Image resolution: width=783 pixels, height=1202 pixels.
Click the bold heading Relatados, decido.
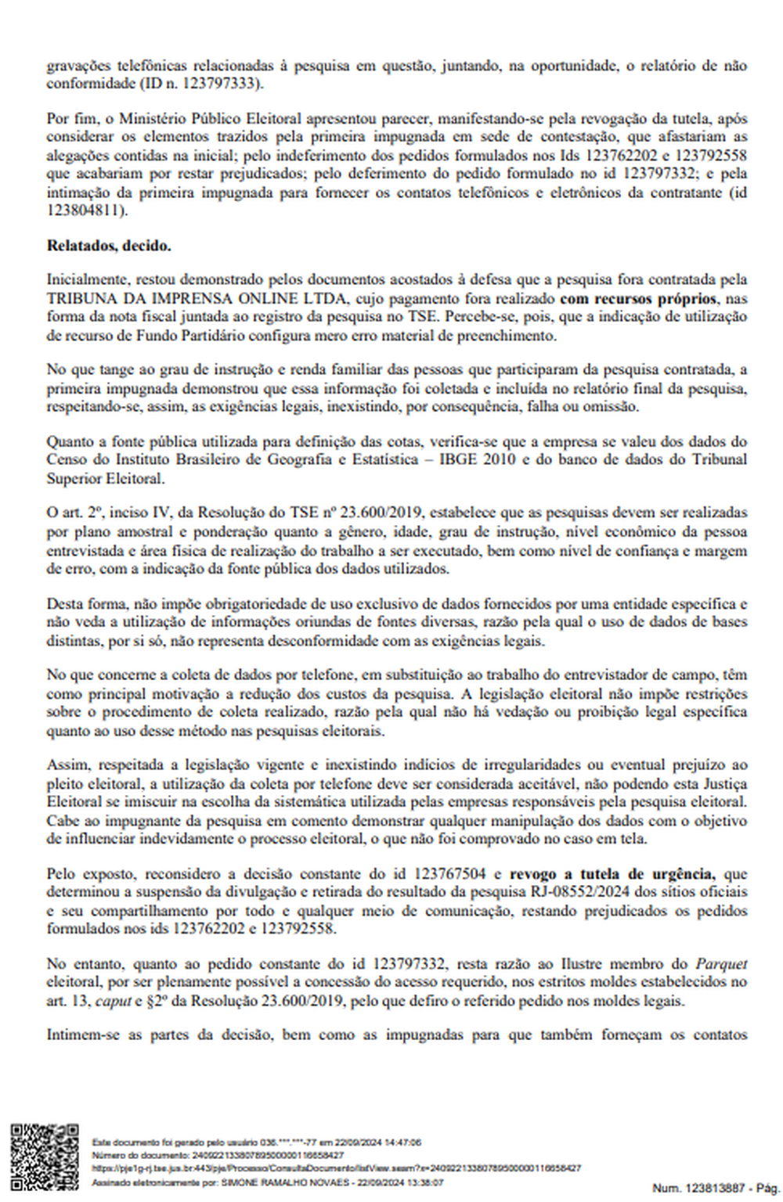coord(109,246)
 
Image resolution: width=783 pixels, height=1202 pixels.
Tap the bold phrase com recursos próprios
coord(637,298)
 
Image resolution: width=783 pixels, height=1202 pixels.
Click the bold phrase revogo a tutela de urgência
coord(612,873)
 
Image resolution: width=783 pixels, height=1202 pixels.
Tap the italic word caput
coord(110,1001)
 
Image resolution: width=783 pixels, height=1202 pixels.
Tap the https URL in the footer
coord(337,1168)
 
